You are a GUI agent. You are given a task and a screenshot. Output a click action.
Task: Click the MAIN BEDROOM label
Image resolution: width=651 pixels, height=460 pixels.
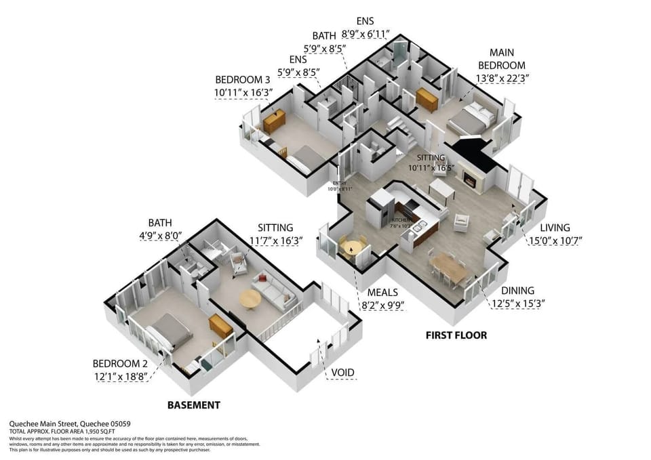coord(502,59)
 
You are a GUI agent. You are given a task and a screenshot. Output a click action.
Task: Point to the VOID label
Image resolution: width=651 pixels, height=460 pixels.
coord(342,373)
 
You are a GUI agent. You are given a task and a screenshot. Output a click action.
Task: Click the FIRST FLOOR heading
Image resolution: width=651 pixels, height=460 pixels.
coord(456,335)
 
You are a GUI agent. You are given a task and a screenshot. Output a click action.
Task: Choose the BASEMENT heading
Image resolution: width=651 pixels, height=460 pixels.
coord(194,405)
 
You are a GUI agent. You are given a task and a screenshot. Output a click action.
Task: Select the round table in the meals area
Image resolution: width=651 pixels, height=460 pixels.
coord(351,248)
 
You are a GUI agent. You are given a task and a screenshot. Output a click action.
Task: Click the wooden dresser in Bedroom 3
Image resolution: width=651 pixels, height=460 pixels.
coord(275,122)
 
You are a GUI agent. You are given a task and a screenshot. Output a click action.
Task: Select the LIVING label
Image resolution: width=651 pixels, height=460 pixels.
coord(555,228)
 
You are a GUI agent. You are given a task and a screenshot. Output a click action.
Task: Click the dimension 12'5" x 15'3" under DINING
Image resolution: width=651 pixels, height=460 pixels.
coord(518,304)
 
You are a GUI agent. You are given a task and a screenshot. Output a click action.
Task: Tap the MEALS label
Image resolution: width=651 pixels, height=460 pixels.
coord(382,293)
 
